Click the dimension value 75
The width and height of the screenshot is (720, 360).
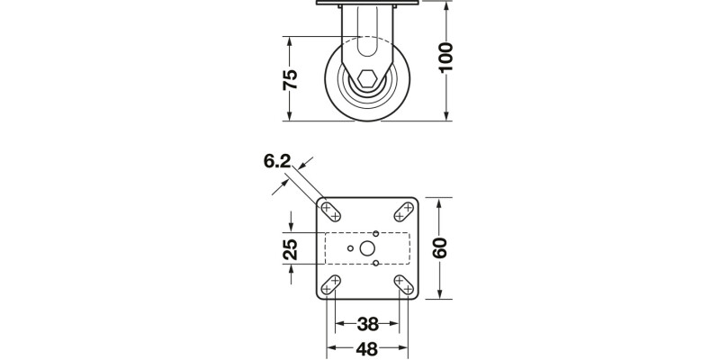pyautogui.click(x=290, y=79)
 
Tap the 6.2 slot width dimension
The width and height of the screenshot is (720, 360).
pyautogui.click(x=277, y=162)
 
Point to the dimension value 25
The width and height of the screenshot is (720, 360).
pyautogui.click(x=291, y=249)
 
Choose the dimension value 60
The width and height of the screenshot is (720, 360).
pyautogui.click(x=440, y=247)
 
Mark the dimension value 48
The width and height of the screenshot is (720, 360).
pyautogui.click(x=366, y=349)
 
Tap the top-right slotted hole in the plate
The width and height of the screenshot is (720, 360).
pyautogui.click(x=402, y=211)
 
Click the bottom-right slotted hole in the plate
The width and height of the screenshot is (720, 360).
pyautogui.click(x=402, y=285)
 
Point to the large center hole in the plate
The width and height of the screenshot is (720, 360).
pyautogui.click(x=367, y=248)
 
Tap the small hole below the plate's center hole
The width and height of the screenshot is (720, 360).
pyautogui.click(x=376, y=264)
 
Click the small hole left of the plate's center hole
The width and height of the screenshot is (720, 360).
pyautogui.click(x=351, y=248)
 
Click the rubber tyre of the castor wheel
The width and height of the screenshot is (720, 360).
pyautogui.click(x=335, y=81)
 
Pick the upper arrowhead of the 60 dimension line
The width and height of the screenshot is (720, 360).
pyautogui.click(x=439, y=202)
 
